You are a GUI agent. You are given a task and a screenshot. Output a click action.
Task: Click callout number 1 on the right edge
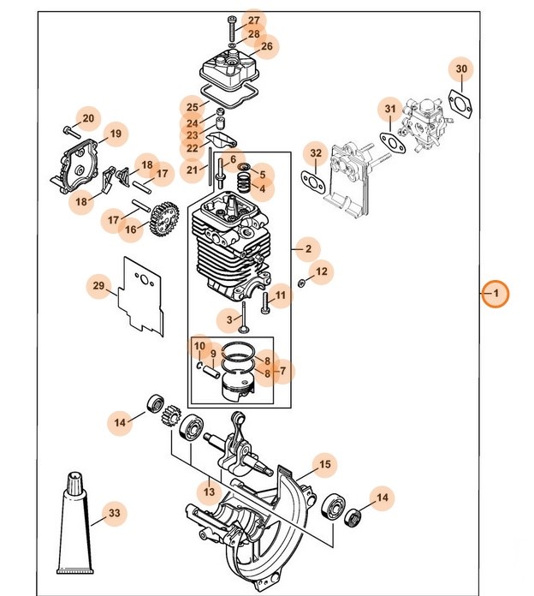495,295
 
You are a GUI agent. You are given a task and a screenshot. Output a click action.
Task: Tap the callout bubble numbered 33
113,515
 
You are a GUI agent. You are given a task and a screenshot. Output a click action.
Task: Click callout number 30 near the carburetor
461,69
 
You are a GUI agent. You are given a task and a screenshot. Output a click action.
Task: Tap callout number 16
131,229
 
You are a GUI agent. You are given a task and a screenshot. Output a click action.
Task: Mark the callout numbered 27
253,20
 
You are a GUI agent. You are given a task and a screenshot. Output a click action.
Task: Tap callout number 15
324,465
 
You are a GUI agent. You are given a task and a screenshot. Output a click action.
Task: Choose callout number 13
208,492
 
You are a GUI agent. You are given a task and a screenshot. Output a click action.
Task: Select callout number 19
115,134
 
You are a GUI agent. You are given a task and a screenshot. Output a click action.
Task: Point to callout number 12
321,272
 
